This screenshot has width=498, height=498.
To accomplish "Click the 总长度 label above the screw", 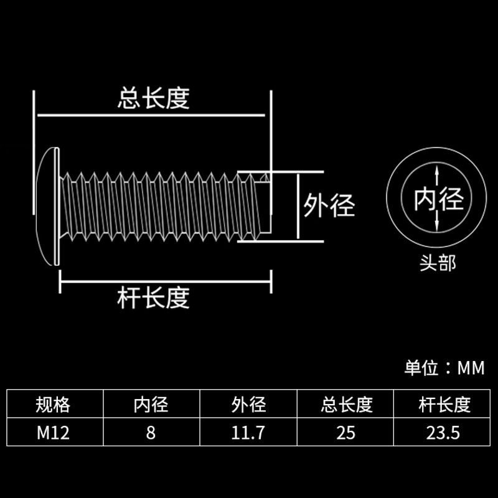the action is pyautogui.click(x=153, y=98).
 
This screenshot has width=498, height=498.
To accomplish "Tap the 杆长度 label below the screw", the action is pyautogui.click(x=153, y=298).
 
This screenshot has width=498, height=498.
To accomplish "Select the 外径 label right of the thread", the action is pyautogui.click(x=329, y=205).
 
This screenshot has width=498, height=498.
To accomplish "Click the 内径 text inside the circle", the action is pyautogui.click(x=439, y=200).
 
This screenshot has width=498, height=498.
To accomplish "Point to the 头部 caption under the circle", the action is pyautogui.click(x=438, y=263).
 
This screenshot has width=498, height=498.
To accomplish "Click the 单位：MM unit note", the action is pyautogui.click(x=444, y=368).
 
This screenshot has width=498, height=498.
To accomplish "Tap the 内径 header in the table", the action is pyautogui.click(x=151, y=405).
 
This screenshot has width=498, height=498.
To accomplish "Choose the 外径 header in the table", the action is pyautogui.click(x=248, y=405).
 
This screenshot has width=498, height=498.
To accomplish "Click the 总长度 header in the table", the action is pyautogui.click(x=347, y=405).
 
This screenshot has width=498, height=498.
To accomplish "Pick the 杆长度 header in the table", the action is pyautogui.click(x=444, y=405).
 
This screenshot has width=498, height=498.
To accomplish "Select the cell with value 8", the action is pyautogui.click(x=151, y=433).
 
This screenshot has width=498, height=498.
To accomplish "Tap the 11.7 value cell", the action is pyautogui.click(x=248, y=433).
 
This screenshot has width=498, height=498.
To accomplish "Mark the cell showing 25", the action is pyautogui.click(x=347, y=433).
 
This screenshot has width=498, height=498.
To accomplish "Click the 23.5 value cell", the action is pyautogui.click(x=444, y=433).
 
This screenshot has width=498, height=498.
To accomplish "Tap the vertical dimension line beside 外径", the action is pyautogui.click(x=298, y=205).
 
